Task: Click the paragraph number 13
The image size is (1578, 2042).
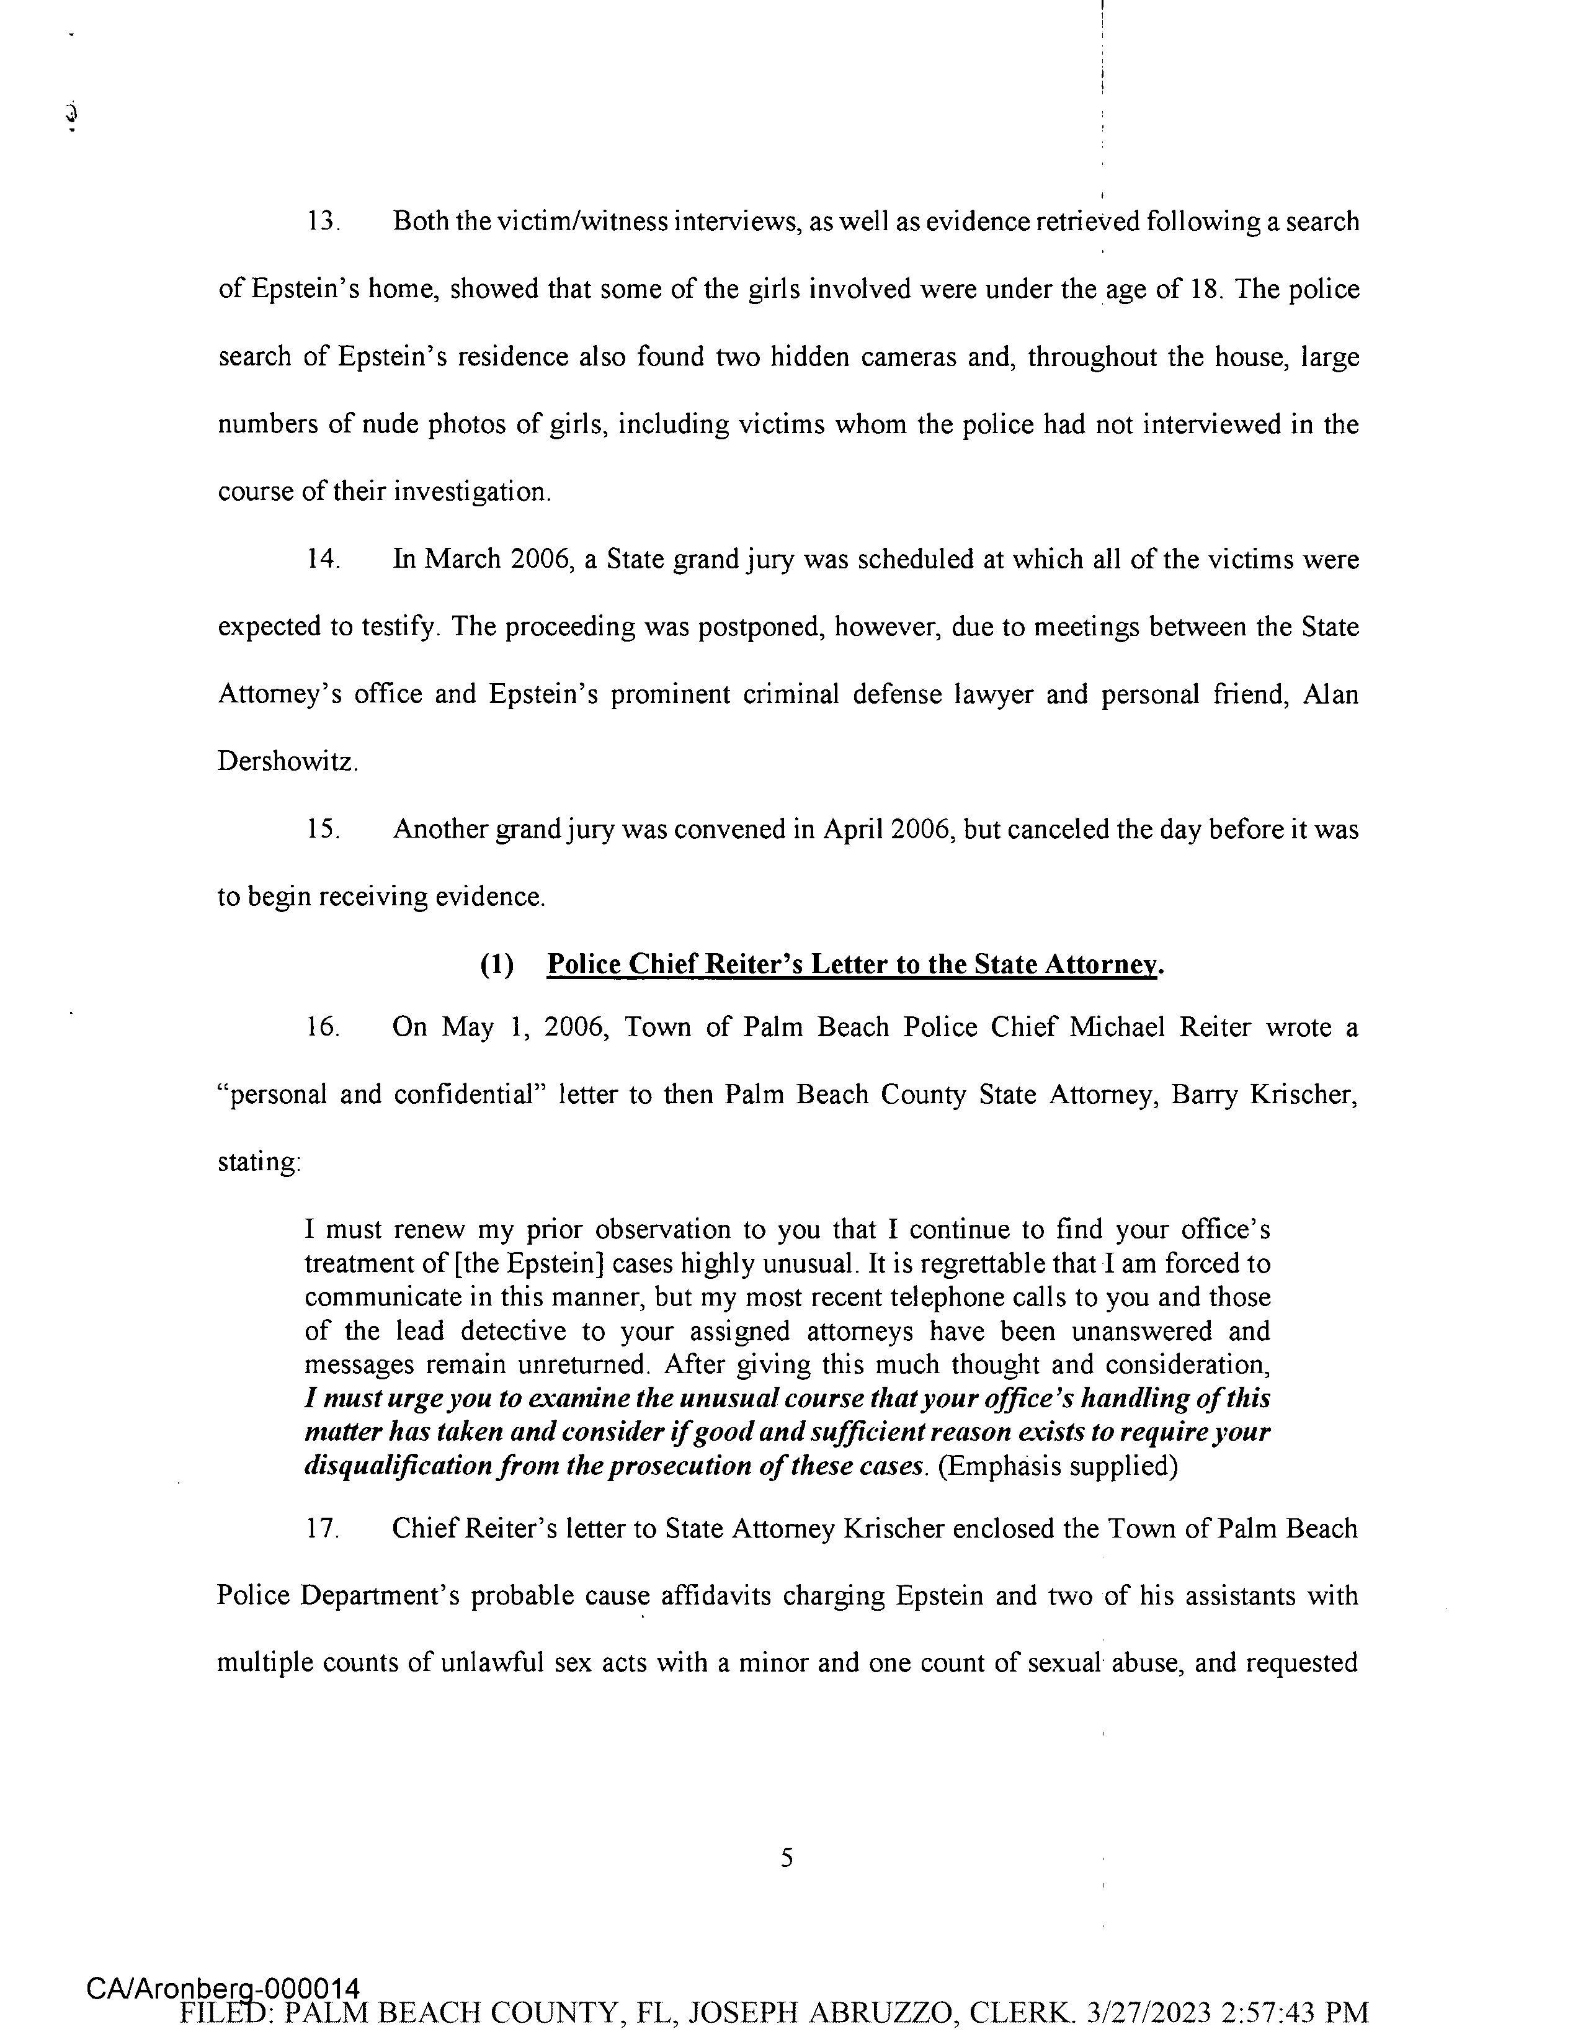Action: click(323, 223)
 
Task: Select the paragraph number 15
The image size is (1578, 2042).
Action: click(323, 830)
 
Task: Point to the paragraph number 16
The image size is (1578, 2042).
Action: click(323, 1028)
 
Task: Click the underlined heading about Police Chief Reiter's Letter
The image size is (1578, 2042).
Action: click(854, 964)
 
